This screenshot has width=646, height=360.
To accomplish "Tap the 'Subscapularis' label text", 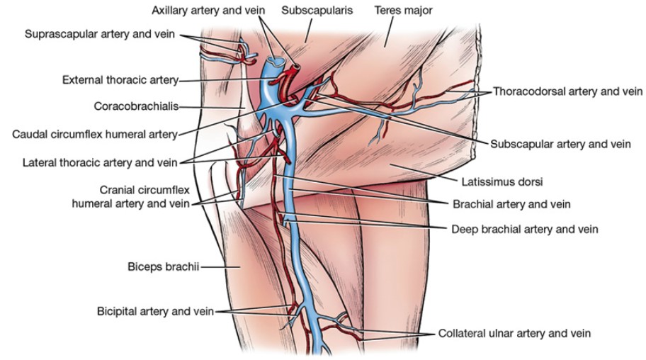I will click(312, 11).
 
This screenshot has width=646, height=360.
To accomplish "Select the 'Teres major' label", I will click(402, 11).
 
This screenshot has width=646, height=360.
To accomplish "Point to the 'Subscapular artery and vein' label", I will click(560, 143).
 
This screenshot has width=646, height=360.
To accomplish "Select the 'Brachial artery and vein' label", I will click(511, 203).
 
